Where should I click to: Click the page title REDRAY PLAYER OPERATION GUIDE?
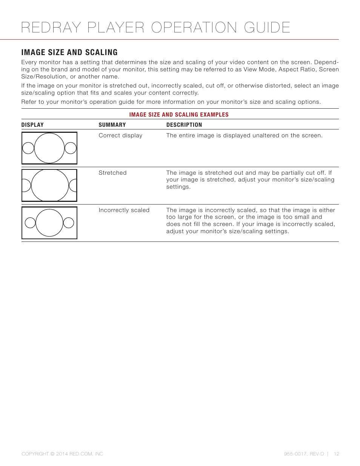coord(155,28)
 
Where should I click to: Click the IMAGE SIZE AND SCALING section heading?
coord(69,52)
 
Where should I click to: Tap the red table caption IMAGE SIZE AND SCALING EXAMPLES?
coord(179,115)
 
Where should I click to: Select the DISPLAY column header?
coord(32,125)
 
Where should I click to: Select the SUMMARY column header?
coord(112,125)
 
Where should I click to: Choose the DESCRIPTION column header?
coord(184,125)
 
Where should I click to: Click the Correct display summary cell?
coord(120,135)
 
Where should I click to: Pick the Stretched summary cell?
coord(112,173)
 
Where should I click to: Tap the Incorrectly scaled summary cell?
coord(124,210)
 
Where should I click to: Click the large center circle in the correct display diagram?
coord(49,148)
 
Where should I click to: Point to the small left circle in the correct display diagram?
coord(28,148)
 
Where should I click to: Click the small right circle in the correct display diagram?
coord(71,148)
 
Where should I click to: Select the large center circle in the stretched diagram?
coord(50,185)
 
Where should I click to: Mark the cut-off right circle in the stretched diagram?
coord(73,185)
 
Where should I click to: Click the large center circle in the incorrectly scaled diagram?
coord(49,223)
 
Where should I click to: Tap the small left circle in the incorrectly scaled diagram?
coord(30,223)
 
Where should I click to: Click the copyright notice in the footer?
coord(62,454)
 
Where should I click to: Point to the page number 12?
coord(336,454)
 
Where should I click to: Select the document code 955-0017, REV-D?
coord(304,454)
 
